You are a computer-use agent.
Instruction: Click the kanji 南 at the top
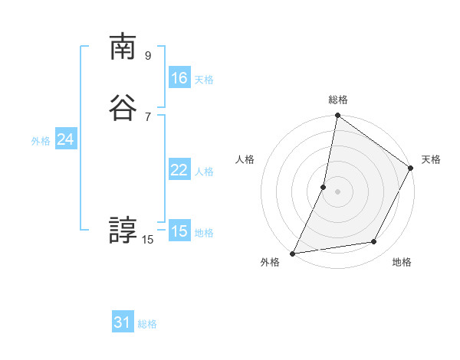coord(123,48)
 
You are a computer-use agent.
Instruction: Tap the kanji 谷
coord(123,109)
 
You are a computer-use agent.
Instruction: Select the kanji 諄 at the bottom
coord(123,230)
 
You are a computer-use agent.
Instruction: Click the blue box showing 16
coord(179,78)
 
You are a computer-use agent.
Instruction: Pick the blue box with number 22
coord(179,170)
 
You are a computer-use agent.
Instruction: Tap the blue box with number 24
coord(65,139)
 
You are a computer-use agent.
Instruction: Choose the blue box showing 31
coord(123,322)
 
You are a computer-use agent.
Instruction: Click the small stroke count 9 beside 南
coord(148,55)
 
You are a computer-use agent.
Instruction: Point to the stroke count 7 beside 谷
coord(148,116)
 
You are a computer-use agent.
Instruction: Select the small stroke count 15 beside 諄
coord(148,240)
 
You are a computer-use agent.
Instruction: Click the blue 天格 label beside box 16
coord(204,80)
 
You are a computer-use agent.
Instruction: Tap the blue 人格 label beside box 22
coord(204,172)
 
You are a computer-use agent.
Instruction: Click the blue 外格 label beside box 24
coord(41,141)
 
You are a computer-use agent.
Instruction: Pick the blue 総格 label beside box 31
coord(147,324)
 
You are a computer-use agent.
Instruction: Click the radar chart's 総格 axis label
coord(338,100)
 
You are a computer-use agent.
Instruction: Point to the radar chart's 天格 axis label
coord(431,159)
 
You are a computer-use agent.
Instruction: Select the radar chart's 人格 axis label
coord(245,159)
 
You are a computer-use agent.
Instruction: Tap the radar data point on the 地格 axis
coord(374,242)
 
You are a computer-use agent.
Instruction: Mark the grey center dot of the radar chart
coord(337,191)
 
